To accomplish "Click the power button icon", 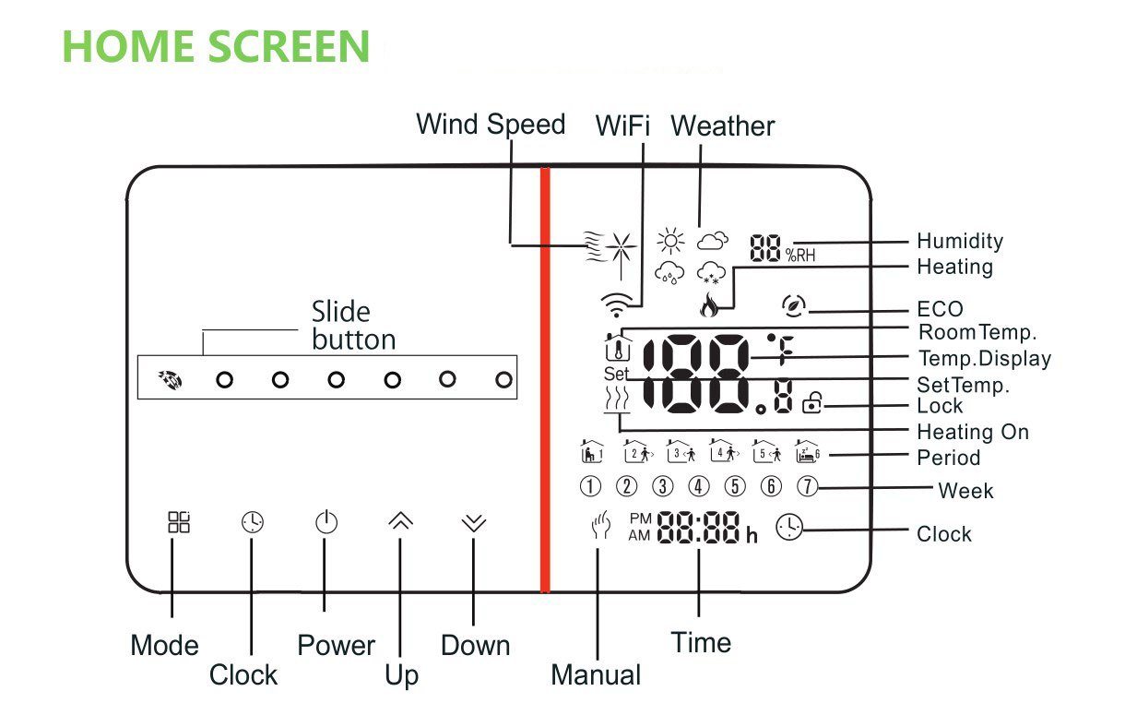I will coord(326,523).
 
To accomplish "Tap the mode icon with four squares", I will coord(178,522).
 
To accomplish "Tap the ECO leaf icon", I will coord(791,307).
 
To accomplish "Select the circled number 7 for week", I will coord(806,486).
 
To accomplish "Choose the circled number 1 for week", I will coord(590,486).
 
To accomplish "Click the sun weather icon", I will coord(670,242).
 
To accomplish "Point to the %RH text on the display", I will coord(800,255).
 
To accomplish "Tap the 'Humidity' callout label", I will coord(959,242).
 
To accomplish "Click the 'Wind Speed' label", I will coord(491,125).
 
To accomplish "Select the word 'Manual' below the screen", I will coord(596,674).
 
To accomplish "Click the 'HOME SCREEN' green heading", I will coord(216,46).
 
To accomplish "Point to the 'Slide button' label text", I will coord(353,326).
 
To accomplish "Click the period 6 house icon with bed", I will coord(807,451).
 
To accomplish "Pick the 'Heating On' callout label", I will coord(972,432).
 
